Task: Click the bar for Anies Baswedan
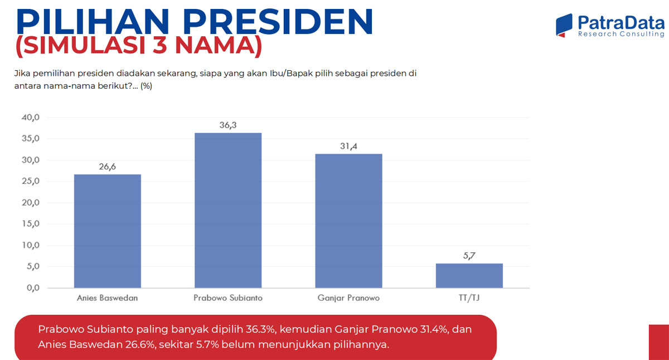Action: point(107,231)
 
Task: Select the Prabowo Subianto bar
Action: point(228,210)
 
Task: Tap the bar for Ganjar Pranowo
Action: point(348,221)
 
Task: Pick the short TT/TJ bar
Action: point(469,275)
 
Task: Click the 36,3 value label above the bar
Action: point(228,125)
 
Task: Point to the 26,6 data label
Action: point(107,167)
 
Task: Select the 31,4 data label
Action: point(348,146)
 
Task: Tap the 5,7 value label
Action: point(469,256)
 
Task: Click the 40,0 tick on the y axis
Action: point(31,118)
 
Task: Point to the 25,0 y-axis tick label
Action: point(31,182)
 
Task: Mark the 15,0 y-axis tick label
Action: point(31,224)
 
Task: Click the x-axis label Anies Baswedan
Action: point(107,298)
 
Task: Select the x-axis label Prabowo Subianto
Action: point(228,298)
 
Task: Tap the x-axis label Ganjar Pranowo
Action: point(348,298)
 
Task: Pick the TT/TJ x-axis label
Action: point(469,298)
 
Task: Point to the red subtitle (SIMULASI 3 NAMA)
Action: point(139,46)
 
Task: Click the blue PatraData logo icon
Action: point(564,25)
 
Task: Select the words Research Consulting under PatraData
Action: point(620,35)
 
